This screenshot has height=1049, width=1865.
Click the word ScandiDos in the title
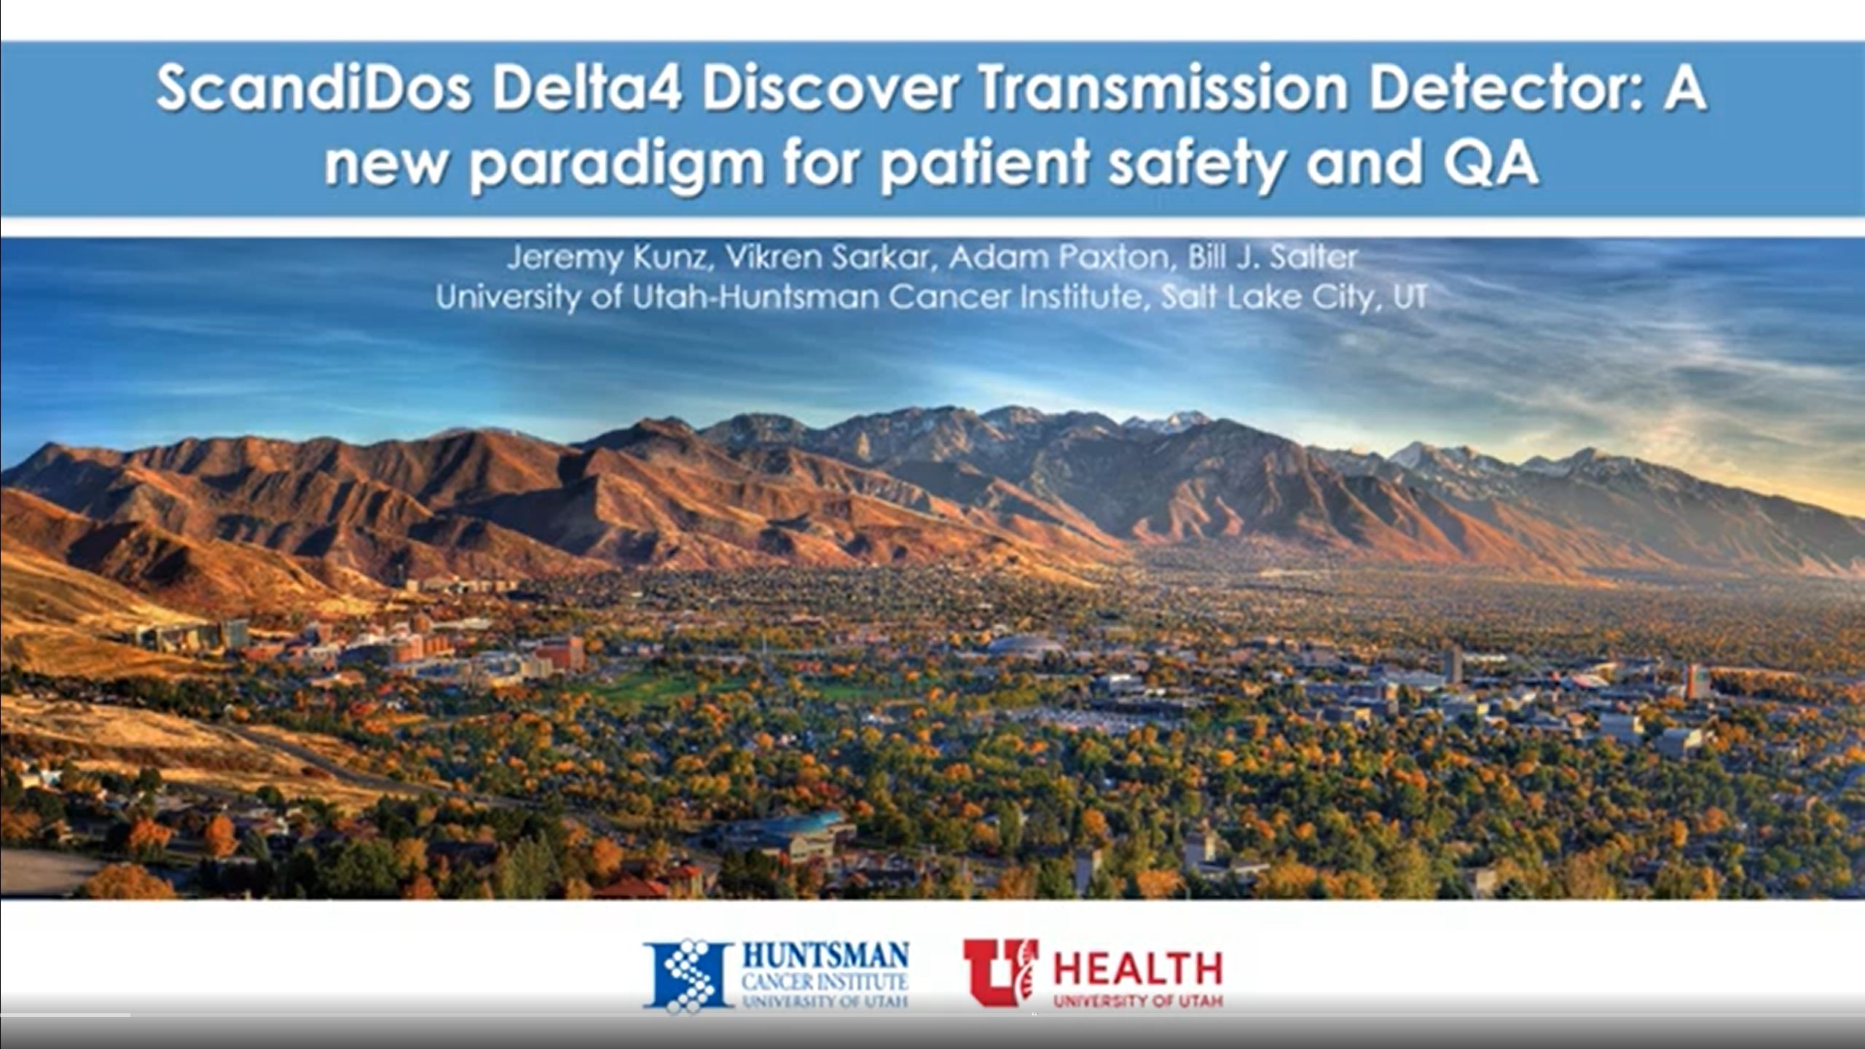[x=313, y=90]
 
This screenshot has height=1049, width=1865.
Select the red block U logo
[x=1000, y=973]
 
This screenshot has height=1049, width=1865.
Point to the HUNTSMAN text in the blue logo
[x=825, y=955]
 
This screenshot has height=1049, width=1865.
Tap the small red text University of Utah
[x=1138, y=1002]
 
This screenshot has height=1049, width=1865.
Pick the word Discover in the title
[x=831, y=90]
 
